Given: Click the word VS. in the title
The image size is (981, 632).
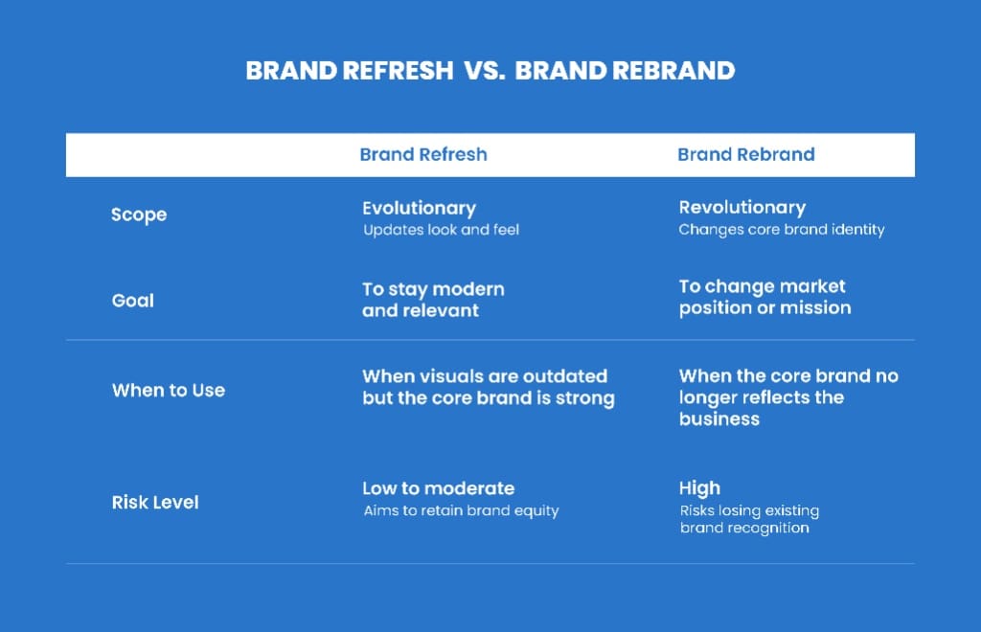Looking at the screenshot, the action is point(484,71).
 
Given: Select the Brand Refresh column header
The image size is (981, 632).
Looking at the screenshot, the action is point(422,154).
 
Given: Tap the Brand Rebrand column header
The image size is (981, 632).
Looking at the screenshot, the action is point(745,154).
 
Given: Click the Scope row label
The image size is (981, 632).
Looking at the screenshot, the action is point(139,215).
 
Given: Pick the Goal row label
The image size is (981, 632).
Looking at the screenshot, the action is point(132,301).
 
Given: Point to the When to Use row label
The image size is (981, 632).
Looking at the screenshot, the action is point(169,391).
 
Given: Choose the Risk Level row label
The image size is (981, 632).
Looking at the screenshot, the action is point(155,503).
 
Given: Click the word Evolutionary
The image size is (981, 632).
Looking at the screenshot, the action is point(420,209).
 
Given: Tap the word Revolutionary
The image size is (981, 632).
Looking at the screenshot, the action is point(742,208).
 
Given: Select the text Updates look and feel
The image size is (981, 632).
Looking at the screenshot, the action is point(441,230).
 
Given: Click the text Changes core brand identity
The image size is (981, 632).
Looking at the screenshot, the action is point(782,230).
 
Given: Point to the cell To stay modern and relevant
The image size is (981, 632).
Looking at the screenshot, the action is point(433,300).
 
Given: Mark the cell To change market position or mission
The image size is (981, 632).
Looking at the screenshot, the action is point(764,297).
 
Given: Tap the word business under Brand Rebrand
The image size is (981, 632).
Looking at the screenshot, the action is point(719,419).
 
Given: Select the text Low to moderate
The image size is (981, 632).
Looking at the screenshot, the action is point(438,489).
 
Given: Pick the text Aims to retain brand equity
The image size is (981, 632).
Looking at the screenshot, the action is point(461,510).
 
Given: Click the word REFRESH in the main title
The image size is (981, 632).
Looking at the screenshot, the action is point(398,71).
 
